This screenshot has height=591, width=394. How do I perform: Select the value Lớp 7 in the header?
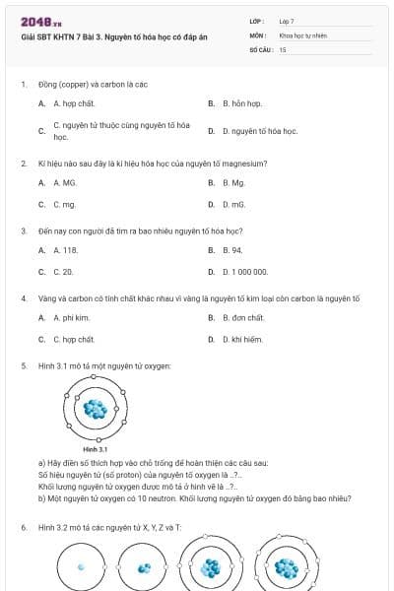click(287, 21)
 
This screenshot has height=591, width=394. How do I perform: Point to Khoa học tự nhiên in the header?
click(301, 34)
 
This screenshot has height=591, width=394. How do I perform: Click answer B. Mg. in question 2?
click(232, 182)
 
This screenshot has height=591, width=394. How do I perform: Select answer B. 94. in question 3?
click(231, 250)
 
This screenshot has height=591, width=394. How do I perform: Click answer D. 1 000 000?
click(245, 271)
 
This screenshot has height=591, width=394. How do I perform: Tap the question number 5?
click(24, 365)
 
